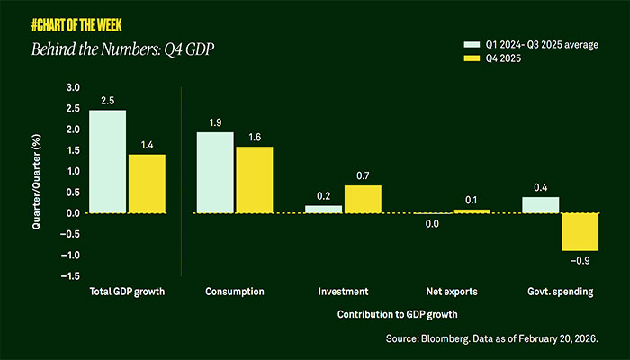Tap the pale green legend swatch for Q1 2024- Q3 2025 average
470,43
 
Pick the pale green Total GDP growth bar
107,161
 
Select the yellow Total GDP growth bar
147,184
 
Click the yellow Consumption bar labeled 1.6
255,179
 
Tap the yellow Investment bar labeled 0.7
363,198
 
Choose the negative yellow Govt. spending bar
580,231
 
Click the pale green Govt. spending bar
541,204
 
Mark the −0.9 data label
580,261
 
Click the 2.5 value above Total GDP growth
107,101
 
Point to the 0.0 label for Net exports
432,224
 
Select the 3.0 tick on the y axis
73,88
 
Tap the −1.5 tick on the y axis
70,276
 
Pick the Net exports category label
452,292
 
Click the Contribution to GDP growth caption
397,314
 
